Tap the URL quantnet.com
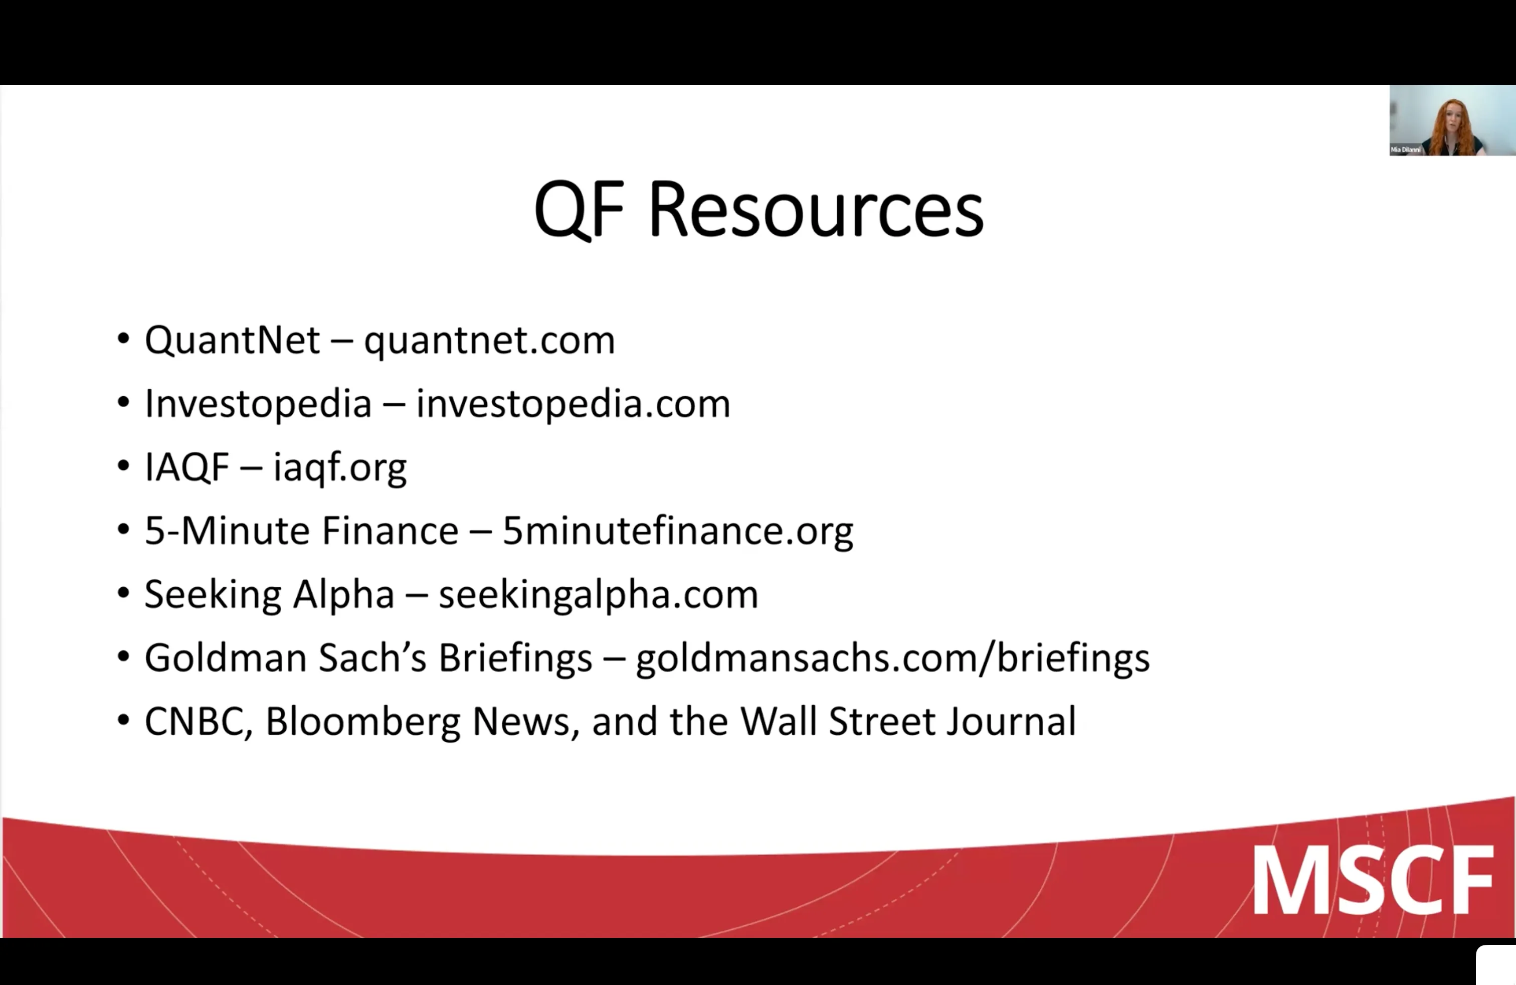tap(489, 340)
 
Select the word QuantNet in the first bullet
tap(232, 340)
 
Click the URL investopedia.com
tap(573, 404)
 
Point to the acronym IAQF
tap(186, 467)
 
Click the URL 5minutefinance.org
tap(677, 531)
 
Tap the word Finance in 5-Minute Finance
tap(390, 531)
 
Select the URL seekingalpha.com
tap(598, 594)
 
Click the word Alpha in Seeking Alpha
tap(343, 594)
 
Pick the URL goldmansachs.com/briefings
tap(892, 658)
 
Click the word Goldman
tap(226, 658)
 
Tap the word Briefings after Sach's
tap(515, 658)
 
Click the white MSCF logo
tap(1373, 881)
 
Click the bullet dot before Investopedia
tap(123, 403)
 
